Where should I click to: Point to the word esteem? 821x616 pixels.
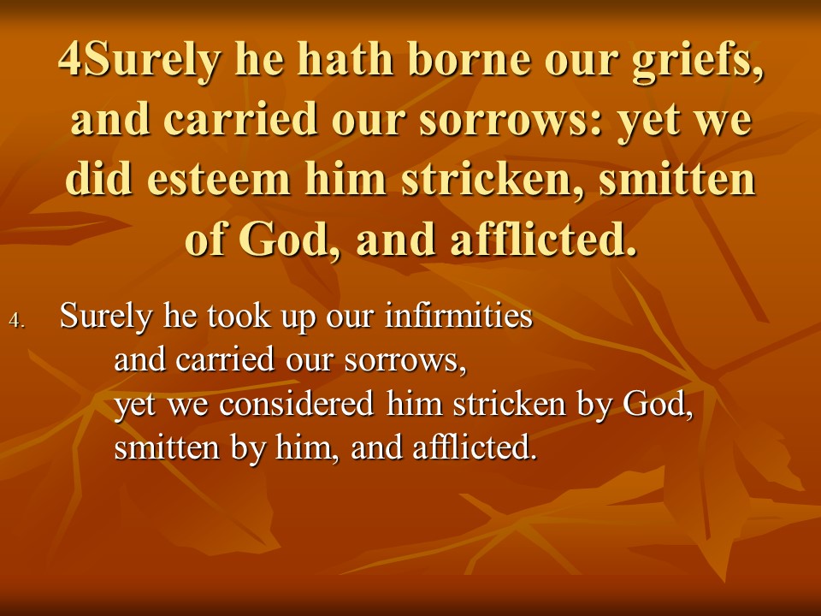tap(218, 179)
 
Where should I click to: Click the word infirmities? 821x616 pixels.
tap(458, 316)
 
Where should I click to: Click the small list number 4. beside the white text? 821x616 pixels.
tap(17, 320)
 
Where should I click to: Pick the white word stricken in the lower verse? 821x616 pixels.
tap(509, 404)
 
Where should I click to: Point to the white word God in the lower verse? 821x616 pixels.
tap(657, 404)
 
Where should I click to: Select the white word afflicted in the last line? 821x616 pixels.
tap(475, 447)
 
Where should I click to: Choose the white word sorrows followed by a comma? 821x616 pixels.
tap(405, 361)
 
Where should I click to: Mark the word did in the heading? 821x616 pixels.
tap(98, 179)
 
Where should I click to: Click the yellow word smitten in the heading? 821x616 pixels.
tap(676, 179)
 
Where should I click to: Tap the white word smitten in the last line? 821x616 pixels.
tap(166, 448)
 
